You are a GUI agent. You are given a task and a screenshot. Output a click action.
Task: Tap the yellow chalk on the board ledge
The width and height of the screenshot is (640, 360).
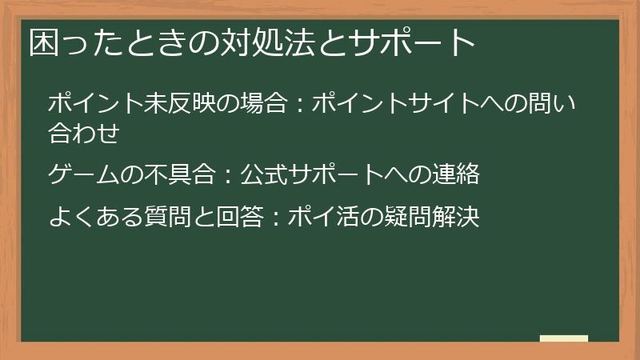(x=564, y=338)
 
